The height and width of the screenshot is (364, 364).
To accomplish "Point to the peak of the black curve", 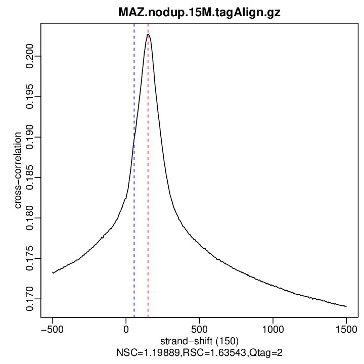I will [148, 34].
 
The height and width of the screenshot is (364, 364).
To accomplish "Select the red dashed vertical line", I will [148, 202].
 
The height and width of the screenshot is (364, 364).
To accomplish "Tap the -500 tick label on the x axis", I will [52, 328].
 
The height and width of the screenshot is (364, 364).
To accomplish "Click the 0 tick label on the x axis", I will [126, 328].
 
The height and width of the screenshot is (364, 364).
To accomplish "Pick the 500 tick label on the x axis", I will [199, 328].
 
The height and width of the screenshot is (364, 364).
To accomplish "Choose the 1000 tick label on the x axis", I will [272, 328].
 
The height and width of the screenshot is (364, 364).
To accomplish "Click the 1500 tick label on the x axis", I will [346, 328].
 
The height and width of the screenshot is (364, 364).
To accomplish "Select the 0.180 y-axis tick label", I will [31, 218].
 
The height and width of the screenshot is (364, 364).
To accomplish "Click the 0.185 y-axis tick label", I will [31, 177].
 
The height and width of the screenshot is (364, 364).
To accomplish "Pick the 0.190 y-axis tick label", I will [31, 137].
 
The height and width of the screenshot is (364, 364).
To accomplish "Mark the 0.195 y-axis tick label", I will [31, 97].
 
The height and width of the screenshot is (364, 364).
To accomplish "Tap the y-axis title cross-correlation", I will [18, 170].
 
